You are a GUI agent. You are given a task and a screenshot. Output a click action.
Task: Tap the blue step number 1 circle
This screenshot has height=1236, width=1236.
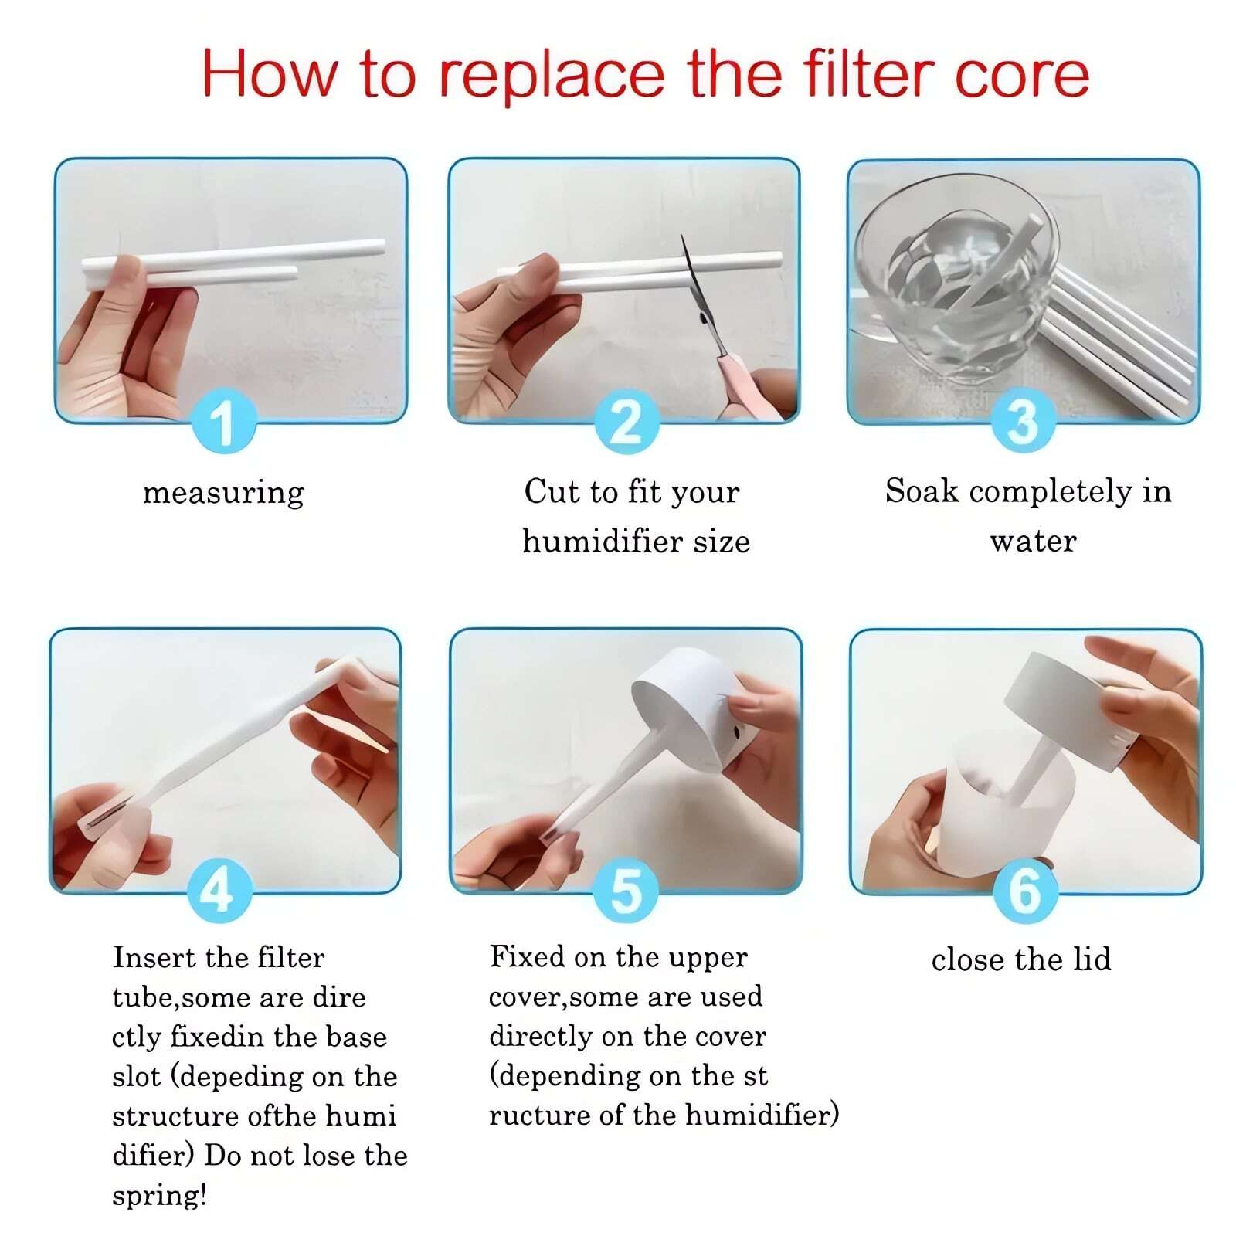(x=223, y=422)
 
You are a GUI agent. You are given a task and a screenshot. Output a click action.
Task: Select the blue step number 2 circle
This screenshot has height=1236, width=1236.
(x=626, y=422)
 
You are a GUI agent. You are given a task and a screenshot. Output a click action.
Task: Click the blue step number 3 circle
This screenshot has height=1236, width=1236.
(x=1024, y=422)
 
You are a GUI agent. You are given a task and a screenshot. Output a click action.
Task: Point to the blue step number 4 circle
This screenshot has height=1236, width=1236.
(x=219, y=891)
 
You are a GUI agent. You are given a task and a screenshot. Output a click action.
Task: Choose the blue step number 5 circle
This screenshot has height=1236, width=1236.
(x=626, y=891)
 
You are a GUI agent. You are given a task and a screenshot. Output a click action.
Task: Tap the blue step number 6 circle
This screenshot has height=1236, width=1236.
(x=1024, y=891)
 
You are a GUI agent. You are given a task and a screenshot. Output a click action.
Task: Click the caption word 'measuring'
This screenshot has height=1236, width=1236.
(x=224, y=493)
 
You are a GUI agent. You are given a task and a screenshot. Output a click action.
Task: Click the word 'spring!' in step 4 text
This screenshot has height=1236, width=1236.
(x=160, y=1195)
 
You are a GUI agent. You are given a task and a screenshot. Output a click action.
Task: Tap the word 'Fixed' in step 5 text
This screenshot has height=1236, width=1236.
(x=526, y=956)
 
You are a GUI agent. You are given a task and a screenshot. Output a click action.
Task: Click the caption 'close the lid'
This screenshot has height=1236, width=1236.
(x=1021, y=959)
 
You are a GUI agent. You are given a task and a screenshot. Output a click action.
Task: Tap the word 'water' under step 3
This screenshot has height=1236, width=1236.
(x=1033, y=542)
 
